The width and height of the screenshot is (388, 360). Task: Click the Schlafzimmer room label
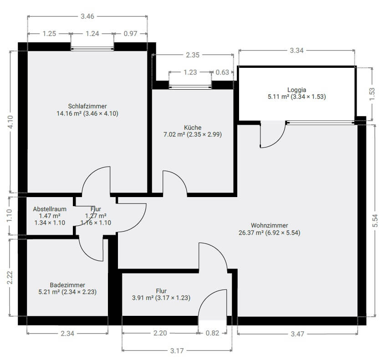coord(87,106)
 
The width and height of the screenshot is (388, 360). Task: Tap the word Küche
coord(193,127)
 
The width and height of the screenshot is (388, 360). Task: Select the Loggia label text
coord(296,90)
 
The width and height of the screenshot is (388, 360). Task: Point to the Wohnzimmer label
coord(270,225)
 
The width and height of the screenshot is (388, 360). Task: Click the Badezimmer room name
coord(67,285)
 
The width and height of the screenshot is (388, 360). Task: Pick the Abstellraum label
coord(50,209)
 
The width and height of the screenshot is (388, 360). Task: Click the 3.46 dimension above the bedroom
coord(87,16)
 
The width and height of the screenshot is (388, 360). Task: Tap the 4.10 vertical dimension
coord(10,122)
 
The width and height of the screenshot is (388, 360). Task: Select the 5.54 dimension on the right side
coord(375,221)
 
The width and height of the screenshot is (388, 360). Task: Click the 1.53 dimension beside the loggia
coord(372,94)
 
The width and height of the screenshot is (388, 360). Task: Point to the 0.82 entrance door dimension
coord(212,333)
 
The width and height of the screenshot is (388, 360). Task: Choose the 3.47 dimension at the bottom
coord(297,334)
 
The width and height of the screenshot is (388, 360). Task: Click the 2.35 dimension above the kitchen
coord(193,55)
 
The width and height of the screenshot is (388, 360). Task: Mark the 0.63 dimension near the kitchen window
coord(222,72)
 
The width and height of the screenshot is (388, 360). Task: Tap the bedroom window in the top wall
coord(92,49)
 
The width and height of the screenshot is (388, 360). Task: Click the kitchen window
coord(190,87)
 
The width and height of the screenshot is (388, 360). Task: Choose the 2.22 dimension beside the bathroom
coord(10,278)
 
